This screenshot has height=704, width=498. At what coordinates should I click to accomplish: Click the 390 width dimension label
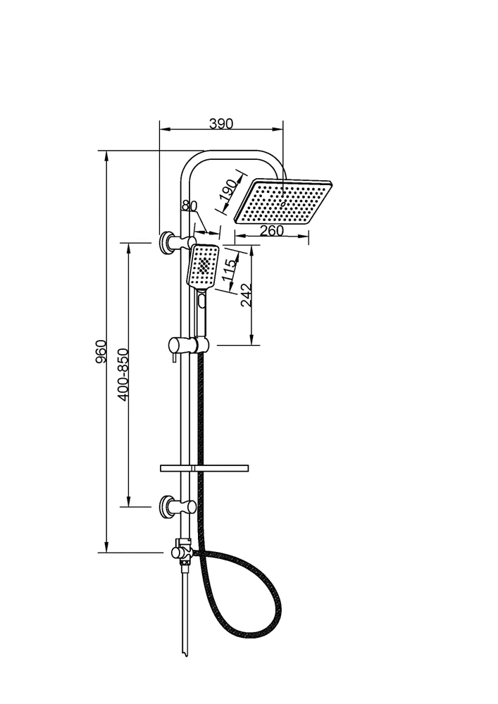tap(221, 123)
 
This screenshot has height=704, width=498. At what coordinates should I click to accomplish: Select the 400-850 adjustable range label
tap(123, 374)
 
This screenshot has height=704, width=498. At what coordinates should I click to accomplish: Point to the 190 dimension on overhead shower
tap(228, 190)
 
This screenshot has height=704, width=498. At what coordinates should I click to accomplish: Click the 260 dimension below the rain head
tap(272, 230)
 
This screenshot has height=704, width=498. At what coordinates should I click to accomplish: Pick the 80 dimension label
tap(189, 206)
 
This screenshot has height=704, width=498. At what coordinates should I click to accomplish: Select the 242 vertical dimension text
tap(247, 295)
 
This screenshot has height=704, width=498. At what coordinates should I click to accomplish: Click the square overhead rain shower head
tap(284, 201)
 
